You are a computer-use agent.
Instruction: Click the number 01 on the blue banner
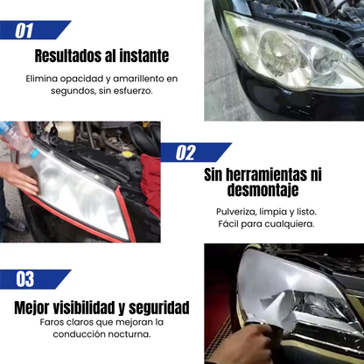tap(24, 31)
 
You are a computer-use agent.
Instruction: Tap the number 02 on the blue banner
tap(185, 152)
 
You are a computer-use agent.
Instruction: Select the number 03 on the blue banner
tap(25, 279)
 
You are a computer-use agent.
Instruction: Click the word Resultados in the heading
tap(69, 56)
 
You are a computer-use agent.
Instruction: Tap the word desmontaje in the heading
tap(262, 190)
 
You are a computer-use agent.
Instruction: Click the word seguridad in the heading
tap(159, 308)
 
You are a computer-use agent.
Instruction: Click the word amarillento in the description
tap(138, 79)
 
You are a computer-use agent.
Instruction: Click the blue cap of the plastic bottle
tap(34, 153)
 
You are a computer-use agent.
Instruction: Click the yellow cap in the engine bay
tap(127, 154)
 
